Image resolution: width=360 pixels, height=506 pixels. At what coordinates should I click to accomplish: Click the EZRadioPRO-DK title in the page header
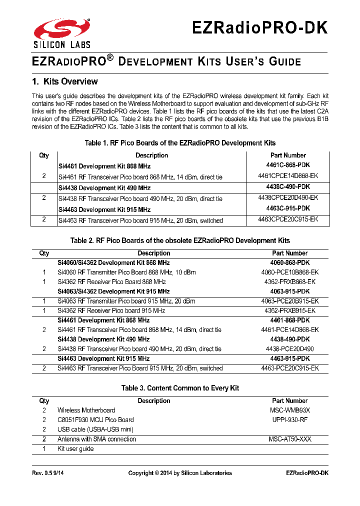(260, 27)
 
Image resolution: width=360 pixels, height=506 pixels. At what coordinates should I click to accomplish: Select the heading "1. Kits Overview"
(64, 81)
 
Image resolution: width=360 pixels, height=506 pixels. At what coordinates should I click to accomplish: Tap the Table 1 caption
(180, 143)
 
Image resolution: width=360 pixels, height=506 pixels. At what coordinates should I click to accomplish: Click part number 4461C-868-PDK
(288, 166)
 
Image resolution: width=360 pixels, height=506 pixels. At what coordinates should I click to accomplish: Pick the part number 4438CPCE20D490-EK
(288, 198)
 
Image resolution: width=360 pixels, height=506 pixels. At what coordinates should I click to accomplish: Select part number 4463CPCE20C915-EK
(288, 219)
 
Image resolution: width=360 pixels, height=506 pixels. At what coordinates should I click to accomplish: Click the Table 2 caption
(180, 240)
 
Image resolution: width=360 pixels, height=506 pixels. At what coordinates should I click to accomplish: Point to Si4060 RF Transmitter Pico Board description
(126, 272)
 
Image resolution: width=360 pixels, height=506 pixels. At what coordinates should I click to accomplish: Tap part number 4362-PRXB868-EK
(290, 282)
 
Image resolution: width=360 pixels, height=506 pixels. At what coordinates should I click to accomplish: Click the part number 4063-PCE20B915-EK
(290, 301)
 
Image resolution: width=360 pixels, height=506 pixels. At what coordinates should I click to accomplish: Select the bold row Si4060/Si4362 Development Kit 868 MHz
(113, 263)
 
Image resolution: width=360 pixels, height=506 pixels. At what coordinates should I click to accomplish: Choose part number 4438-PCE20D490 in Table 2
(290, 349)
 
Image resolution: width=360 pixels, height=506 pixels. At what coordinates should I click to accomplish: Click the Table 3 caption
(180, 388)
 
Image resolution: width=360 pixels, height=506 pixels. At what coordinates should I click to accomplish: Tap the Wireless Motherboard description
(86, 410)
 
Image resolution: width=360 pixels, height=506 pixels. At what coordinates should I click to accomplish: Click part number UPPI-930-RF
(290, 420)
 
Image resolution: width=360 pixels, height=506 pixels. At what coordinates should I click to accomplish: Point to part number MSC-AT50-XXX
(290, 439)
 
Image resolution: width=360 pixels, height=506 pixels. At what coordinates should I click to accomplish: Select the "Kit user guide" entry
(75, 449)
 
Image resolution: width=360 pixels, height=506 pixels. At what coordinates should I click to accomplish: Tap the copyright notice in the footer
(180, 473)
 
